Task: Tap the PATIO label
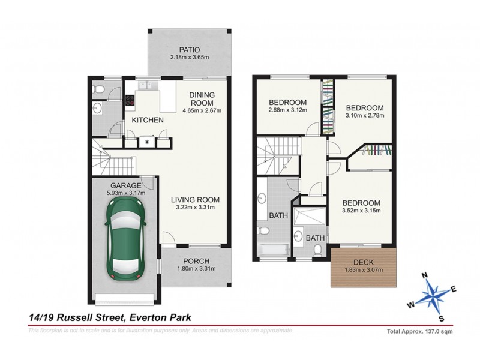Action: coord(189,50)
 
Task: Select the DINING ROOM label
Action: coord(202,98)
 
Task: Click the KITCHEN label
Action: coord(148,121)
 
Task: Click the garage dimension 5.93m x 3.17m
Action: coord(125,193)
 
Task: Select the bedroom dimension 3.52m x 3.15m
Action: coord(361,211)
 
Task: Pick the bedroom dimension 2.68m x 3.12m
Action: coord(288,110)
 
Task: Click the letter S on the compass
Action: coord(442,318)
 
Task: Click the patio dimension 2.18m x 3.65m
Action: coord(189,58)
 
